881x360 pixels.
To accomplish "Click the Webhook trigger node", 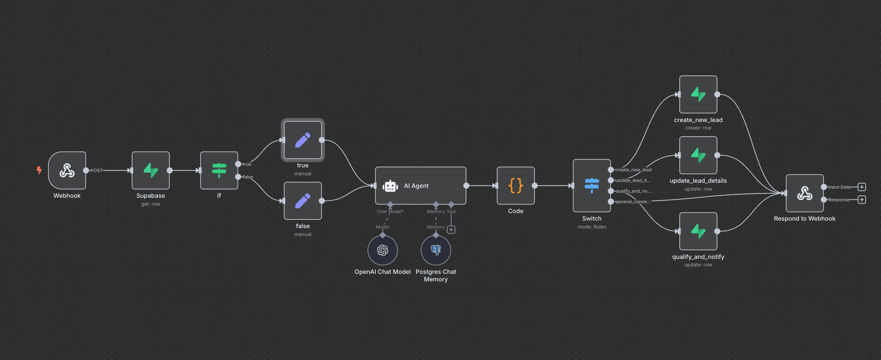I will (x=67, y=171).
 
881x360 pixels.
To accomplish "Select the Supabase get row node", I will (x=151, y=171).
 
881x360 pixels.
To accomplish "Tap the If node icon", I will (x=219, y=171).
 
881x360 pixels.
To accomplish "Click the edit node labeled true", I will (x=302, y=140).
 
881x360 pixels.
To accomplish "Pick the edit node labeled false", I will (x=302, y=201).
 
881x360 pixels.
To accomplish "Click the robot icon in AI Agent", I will (x=390, y=186).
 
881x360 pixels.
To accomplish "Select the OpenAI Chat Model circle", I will (x=382, y=250).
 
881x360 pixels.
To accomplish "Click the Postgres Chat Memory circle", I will (x=435, y=250).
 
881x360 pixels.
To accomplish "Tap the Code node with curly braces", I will (x=515, y=186).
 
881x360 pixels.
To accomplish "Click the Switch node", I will (x=591, y=185).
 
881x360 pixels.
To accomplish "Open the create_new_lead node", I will (x=698, y=94).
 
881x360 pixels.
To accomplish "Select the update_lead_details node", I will (x=698, y=155).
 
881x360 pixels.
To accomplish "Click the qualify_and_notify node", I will (x=698, y=231).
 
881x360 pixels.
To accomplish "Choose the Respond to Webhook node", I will (x=804, y=193).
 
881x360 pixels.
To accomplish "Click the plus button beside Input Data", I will (x=862, y=187).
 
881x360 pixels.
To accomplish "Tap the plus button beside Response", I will (x=862, y=199).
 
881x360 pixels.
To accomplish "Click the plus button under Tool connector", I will (x=451, y=230).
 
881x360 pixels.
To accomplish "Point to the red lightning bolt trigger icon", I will (x=39, y=171).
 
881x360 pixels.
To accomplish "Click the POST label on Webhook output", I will (x=97, y=171).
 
